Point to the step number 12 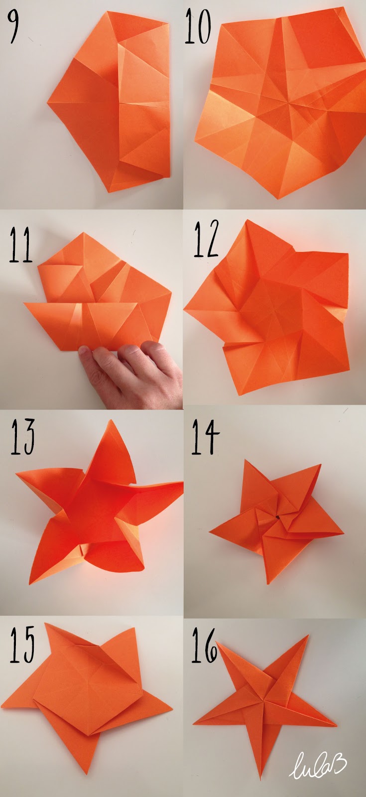206,239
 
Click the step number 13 23,436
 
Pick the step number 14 206,436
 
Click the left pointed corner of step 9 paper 47,104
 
